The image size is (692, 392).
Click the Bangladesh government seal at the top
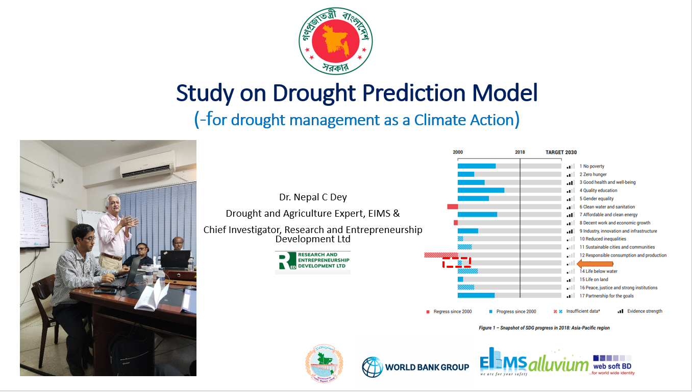point(336,40)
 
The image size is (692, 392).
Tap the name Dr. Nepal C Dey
point(312,197)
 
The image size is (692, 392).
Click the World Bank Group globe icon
point(372,366)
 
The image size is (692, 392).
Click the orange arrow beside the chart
point(588,263)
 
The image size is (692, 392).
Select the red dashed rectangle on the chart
point(456,263)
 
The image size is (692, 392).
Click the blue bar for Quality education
point(481,190)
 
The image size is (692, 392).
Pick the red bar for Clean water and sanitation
point(452,206)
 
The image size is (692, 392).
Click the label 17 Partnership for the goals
point(606,296)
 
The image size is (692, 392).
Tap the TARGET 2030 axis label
point(561,152)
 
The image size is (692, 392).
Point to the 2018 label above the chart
point(520,152)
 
